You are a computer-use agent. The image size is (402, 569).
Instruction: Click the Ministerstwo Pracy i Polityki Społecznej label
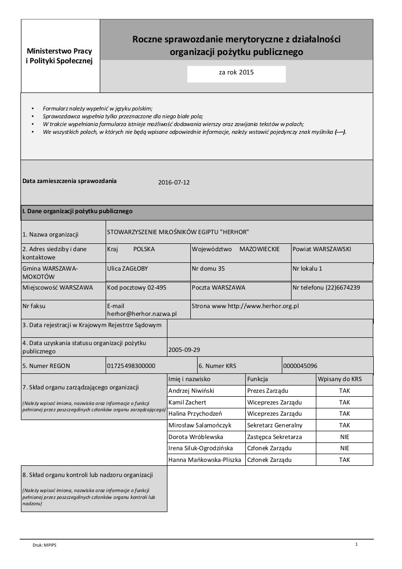tap(59, 56)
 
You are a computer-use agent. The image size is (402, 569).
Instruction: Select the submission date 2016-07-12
tap(174, 183)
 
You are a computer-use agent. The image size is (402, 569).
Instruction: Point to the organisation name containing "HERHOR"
tap(178, 232)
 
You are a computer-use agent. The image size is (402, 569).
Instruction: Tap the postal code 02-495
tap(137, 288)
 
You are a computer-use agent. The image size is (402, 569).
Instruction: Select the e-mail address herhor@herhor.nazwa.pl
tap(142, 314)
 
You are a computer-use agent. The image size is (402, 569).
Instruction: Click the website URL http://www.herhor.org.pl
tap(263, 306)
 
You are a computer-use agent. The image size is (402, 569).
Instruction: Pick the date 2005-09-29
tap(183, 349)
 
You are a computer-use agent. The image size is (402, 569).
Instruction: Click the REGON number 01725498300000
tap(131, 366)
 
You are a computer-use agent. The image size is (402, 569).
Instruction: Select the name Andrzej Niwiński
tap(191, 390)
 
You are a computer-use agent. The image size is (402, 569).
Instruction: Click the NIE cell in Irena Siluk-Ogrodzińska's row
tap(345, 448)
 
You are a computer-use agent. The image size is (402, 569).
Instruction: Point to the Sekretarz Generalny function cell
tap(274, 425)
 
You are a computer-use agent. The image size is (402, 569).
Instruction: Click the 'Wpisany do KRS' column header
tap(339, 379)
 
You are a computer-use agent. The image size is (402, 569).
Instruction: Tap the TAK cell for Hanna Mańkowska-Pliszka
tap(345, 459)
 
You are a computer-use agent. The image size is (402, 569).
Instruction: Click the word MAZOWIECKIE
tap(259, 249)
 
